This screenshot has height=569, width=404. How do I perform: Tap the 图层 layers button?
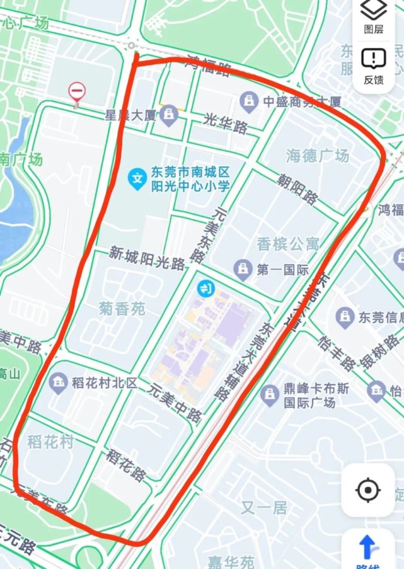click(374, 16)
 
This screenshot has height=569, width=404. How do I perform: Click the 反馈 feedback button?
click(374, 66)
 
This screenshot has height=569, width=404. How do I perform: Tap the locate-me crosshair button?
click(368, 490)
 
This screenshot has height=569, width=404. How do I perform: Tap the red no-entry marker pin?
click(77, 92)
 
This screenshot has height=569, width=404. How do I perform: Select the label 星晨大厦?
click(130, 115)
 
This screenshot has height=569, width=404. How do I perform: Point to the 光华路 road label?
click(226, 123)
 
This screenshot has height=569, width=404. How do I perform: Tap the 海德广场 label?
click(318, 155)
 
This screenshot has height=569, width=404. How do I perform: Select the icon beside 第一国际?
click(242, 270)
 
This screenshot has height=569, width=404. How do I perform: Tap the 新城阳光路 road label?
click(147, 257)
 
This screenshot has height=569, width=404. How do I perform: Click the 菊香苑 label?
click(122, 309)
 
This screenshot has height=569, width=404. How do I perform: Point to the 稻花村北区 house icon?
click(59, 382)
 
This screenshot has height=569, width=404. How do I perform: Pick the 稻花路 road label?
click(127, 464)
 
